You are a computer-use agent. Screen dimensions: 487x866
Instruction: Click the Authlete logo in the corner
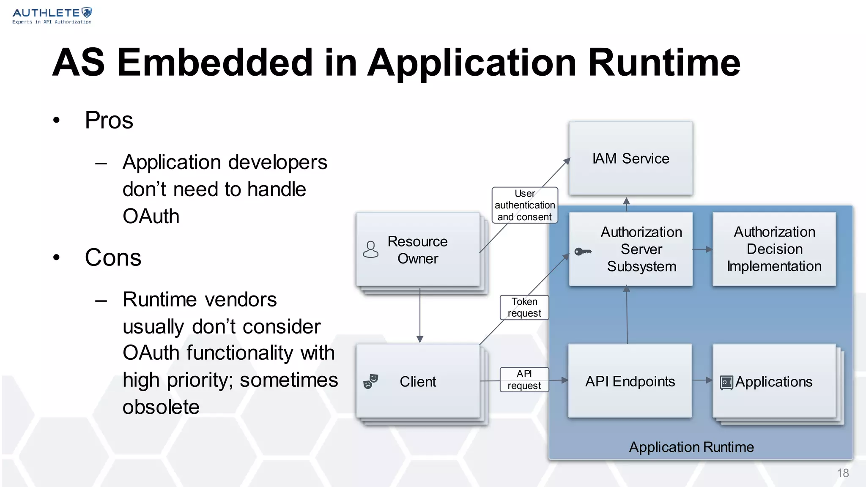click(x=52, y=15)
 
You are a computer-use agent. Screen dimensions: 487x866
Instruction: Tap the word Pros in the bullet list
click(x=109, y=120)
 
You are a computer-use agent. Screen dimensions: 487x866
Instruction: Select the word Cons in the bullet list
click(x=113, y=257)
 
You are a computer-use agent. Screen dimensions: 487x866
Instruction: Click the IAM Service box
click(x=630, y=159)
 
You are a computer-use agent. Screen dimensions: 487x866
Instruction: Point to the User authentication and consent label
click(x=525, y=205)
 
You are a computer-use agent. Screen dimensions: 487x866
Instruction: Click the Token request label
click(x=524, y=307)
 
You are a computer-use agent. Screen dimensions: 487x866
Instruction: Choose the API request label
click(x=524, y=380)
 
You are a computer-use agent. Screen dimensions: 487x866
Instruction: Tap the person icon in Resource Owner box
click(x=371, y=249)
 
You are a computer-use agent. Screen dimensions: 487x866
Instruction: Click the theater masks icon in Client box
click(x=371, y=381)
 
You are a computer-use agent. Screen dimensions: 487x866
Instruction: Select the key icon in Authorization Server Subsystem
click(x=583, y=252)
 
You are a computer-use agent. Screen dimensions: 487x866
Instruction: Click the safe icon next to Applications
click(x=726, y=383)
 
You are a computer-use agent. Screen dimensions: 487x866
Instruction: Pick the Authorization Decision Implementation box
click(x=774, y=249)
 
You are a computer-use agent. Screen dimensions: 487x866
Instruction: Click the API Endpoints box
click(x=630, y=381)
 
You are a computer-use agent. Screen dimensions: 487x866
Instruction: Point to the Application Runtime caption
click(x=691, y=447)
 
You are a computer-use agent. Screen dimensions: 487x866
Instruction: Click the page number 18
click(x=843, y=473)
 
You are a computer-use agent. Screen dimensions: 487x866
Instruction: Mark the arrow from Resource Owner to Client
click(x=420, y=315)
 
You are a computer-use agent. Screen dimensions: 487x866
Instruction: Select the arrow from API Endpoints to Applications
click(x=702, y=380)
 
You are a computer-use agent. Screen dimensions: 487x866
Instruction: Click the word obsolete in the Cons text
click(x=161, y=407)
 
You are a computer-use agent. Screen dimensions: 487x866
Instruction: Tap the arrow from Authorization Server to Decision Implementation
click(x=702, y=249)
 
